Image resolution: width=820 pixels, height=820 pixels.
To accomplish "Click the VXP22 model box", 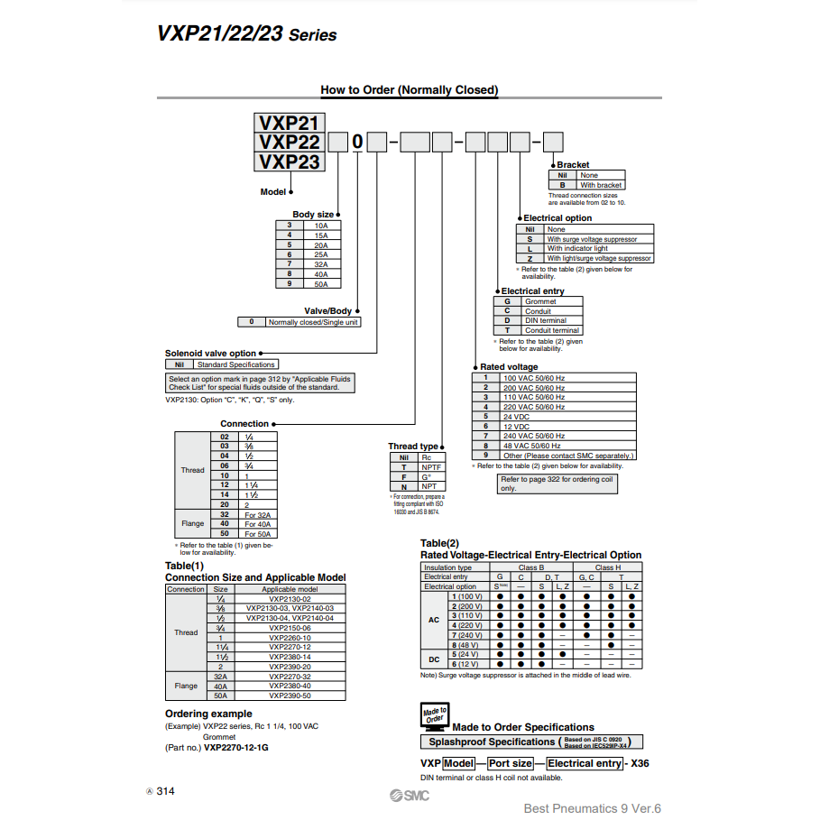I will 289,143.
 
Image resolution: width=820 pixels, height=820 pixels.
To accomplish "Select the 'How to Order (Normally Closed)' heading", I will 409,90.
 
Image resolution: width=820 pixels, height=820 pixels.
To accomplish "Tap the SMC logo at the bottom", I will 410,796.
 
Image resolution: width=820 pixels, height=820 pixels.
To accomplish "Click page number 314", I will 165,791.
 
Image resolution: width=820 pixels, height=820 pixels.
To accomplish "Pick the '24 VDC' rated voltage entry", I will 516,417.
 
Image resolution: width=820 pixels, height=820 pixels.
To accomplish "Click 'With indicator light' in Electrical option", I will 577,249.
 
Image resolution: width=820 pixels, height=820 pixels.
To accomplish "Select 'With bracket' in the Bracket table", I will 600,185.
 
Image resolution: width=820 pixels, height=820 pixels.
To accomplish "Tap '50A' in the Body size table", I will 321,284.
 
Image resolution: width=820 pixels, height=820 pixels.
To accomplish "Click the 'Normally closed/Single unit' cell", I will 309,322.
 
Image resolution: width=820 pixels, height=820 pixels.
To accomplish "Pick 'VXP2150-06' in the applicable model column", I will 290,628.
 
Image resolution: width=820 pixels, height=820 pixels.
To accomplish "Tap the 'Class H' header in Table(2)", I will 607,567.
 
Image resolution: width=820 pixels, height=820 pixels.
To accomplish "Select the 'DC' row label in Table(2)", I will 434,659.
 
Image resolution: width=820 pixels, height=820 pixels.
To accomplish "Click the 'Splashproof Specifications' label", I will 491,742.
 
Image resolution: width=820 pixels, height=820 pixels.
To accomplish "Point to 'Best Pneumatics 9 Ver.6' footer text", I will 593,808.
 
